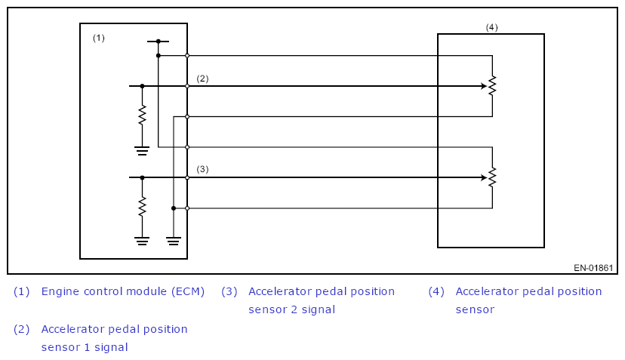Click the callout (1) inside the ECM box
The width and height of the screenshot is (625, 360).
click(x=98, y=38)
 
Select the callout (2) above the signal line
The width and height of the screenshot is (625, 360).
click(x=202, y=78)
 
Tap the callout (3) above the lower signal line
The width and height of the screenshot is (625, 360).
click(x=202, y=169)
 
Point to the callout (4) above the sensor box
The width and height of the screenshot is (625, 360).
click(x=491, y=27)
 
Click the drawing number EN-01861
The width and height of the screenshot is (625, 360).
click(x=593, y=268)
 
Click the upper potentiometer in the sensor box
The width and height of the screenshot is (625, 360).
click(x=492, y=86)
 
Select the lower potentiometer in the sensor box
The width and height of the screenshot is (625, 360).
click(x=492, y=177)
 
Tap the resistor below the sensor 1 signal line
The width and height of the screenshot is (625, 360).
click(x=142, y=115)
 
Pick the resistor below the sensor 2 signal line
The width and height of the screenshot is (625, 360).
click(x=142, y=206)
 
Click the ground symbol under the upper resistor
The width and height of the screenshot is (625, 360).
click(x=142, y=150)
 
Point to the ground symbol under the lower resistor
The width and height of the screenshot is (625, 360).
click(x=142, y=241)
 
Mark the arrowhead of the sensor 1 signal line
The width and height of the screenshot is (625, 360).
click(x=483, y=86)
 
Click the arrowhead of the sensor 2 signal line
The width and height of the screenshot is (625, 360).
click(x=483, y=177)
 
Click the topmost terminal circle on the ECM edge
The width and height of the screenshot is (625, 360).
click(x=187, y=55)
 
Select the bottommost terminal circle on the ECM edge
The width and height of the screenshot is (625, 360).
click(x=187, y=208)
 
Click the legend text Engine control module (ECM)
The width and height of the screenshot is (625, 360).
click(x=123, y=291)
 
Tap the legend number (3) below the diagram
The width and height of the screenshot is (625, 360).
click(x=229, y=291)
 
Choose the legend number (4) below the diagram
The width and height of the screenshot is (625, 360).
click(x=437, y=291)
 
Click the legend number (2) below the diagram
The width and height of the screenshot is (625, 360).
click(x=22, y=329)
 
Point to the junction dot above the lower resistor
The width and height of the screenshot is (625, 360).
click(x=142, y=177)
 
